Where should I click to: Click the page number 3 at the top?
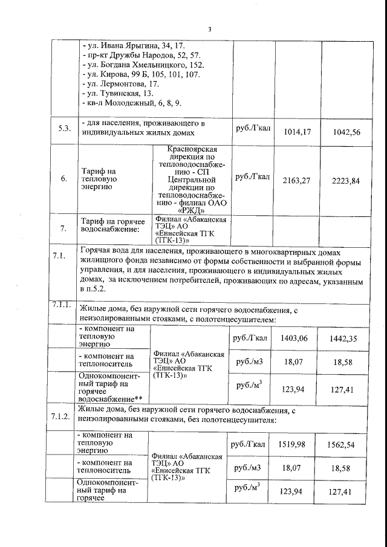pyautogui.click(x=210, y=28)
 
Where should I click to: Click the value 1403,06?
pyautogui.click(x=294, y=338)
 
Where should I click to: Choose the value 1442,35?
pyautogui.click(x=345, y=338)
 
